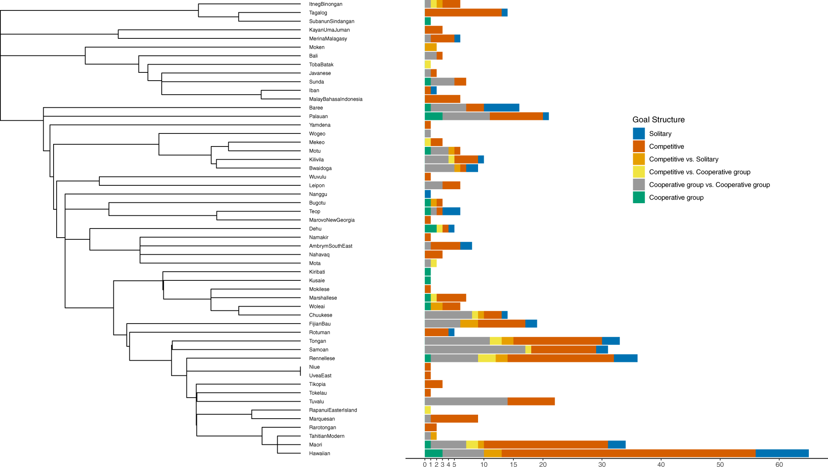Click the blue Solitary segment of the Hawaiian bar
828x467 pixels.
click(782, 453)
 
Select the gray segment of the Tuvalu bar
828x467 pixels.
click(466, 401)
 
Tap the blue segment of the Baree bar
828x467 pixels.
click(501, 108)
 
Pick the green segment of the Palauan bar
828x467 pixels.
click(433, 116)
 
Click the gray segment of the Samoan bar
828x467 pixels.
click(475, 349)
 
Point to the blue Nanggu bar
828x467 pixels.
click(428, 194)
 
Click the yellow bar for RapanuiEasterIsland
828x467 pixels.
click(428, 410)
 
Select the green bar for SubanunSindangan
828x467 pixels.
click(428, 21)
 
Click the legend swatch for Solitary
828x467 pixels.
click(638, 133)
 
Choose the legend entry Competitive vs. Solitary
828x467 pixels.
click(683, 159)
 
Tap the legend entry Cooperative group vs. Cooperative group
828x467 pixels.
click(709, 184)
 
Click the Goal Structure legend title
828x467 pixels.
click(658, 119)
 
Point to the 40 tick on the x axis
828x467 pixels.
click(661, 464)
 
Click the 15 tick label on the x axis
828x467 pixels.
click(513, 464)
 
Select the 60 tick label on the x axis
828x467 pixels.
click(779, 464)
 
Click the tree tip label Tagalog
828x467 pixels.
click(318, 13)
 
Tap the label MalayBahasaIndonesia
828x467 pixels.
click(336, 99)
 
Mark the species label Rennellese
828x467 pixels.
click(322, 358)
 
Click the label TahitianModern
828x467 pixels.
click(326, 436)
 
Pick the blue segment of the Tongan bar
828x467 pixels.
click(611, 341)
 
